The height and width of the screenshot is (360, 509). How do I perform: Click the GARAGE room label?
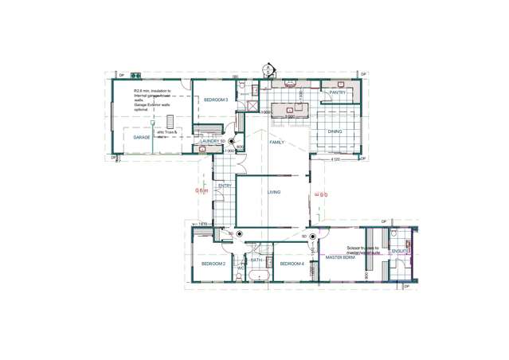pyautogui.click(x=142, y=137)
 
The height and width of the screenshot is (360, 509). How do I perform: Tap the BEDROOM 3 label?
pyautogui.click(x=215, y=100)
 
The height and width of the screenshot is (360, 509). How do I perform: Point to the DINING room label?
pyautogui.click(x=335, y=131)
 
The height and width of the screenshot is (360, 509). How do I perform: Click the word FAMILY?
pyautogui.click(x=276, y=142)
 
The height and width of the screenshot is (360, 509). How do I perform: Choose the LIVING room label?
pyautogui.click(x=273, y=192)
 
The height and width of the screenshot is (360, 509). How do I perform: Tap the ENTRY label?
pyautogui.click(x=224, y=186)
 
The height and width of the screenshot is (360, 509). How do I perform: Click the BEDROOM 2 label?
pyautogui.click(x=213, y=264)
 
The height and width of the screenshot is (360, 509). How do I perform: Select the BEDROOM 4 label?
pyautogui.click(x=292, y=264)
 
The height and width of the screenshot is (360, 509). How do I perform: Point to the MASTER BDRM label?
pyautogui.click(x=340, y=258)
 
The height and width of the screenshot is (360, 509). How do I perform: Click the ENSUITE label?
pyautogui.click(x=400, y=251)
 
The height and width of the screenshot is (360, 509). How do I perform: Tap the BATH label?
pyautogui.click(x=256, y=260)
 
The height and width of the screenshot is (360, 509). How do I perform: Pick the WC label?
pyautogui.click(x=241, y=268)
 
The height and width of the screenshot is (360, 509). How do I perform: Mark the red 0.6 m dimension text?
pyautogui.click(x=202, y=190)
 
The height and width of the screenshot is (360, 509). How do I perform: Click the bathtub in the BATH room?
pyautogui.click(x=260, y=276)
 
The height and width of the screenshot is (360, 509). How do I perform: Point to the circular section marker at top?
pyautogui.click(x=269, y=68)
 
